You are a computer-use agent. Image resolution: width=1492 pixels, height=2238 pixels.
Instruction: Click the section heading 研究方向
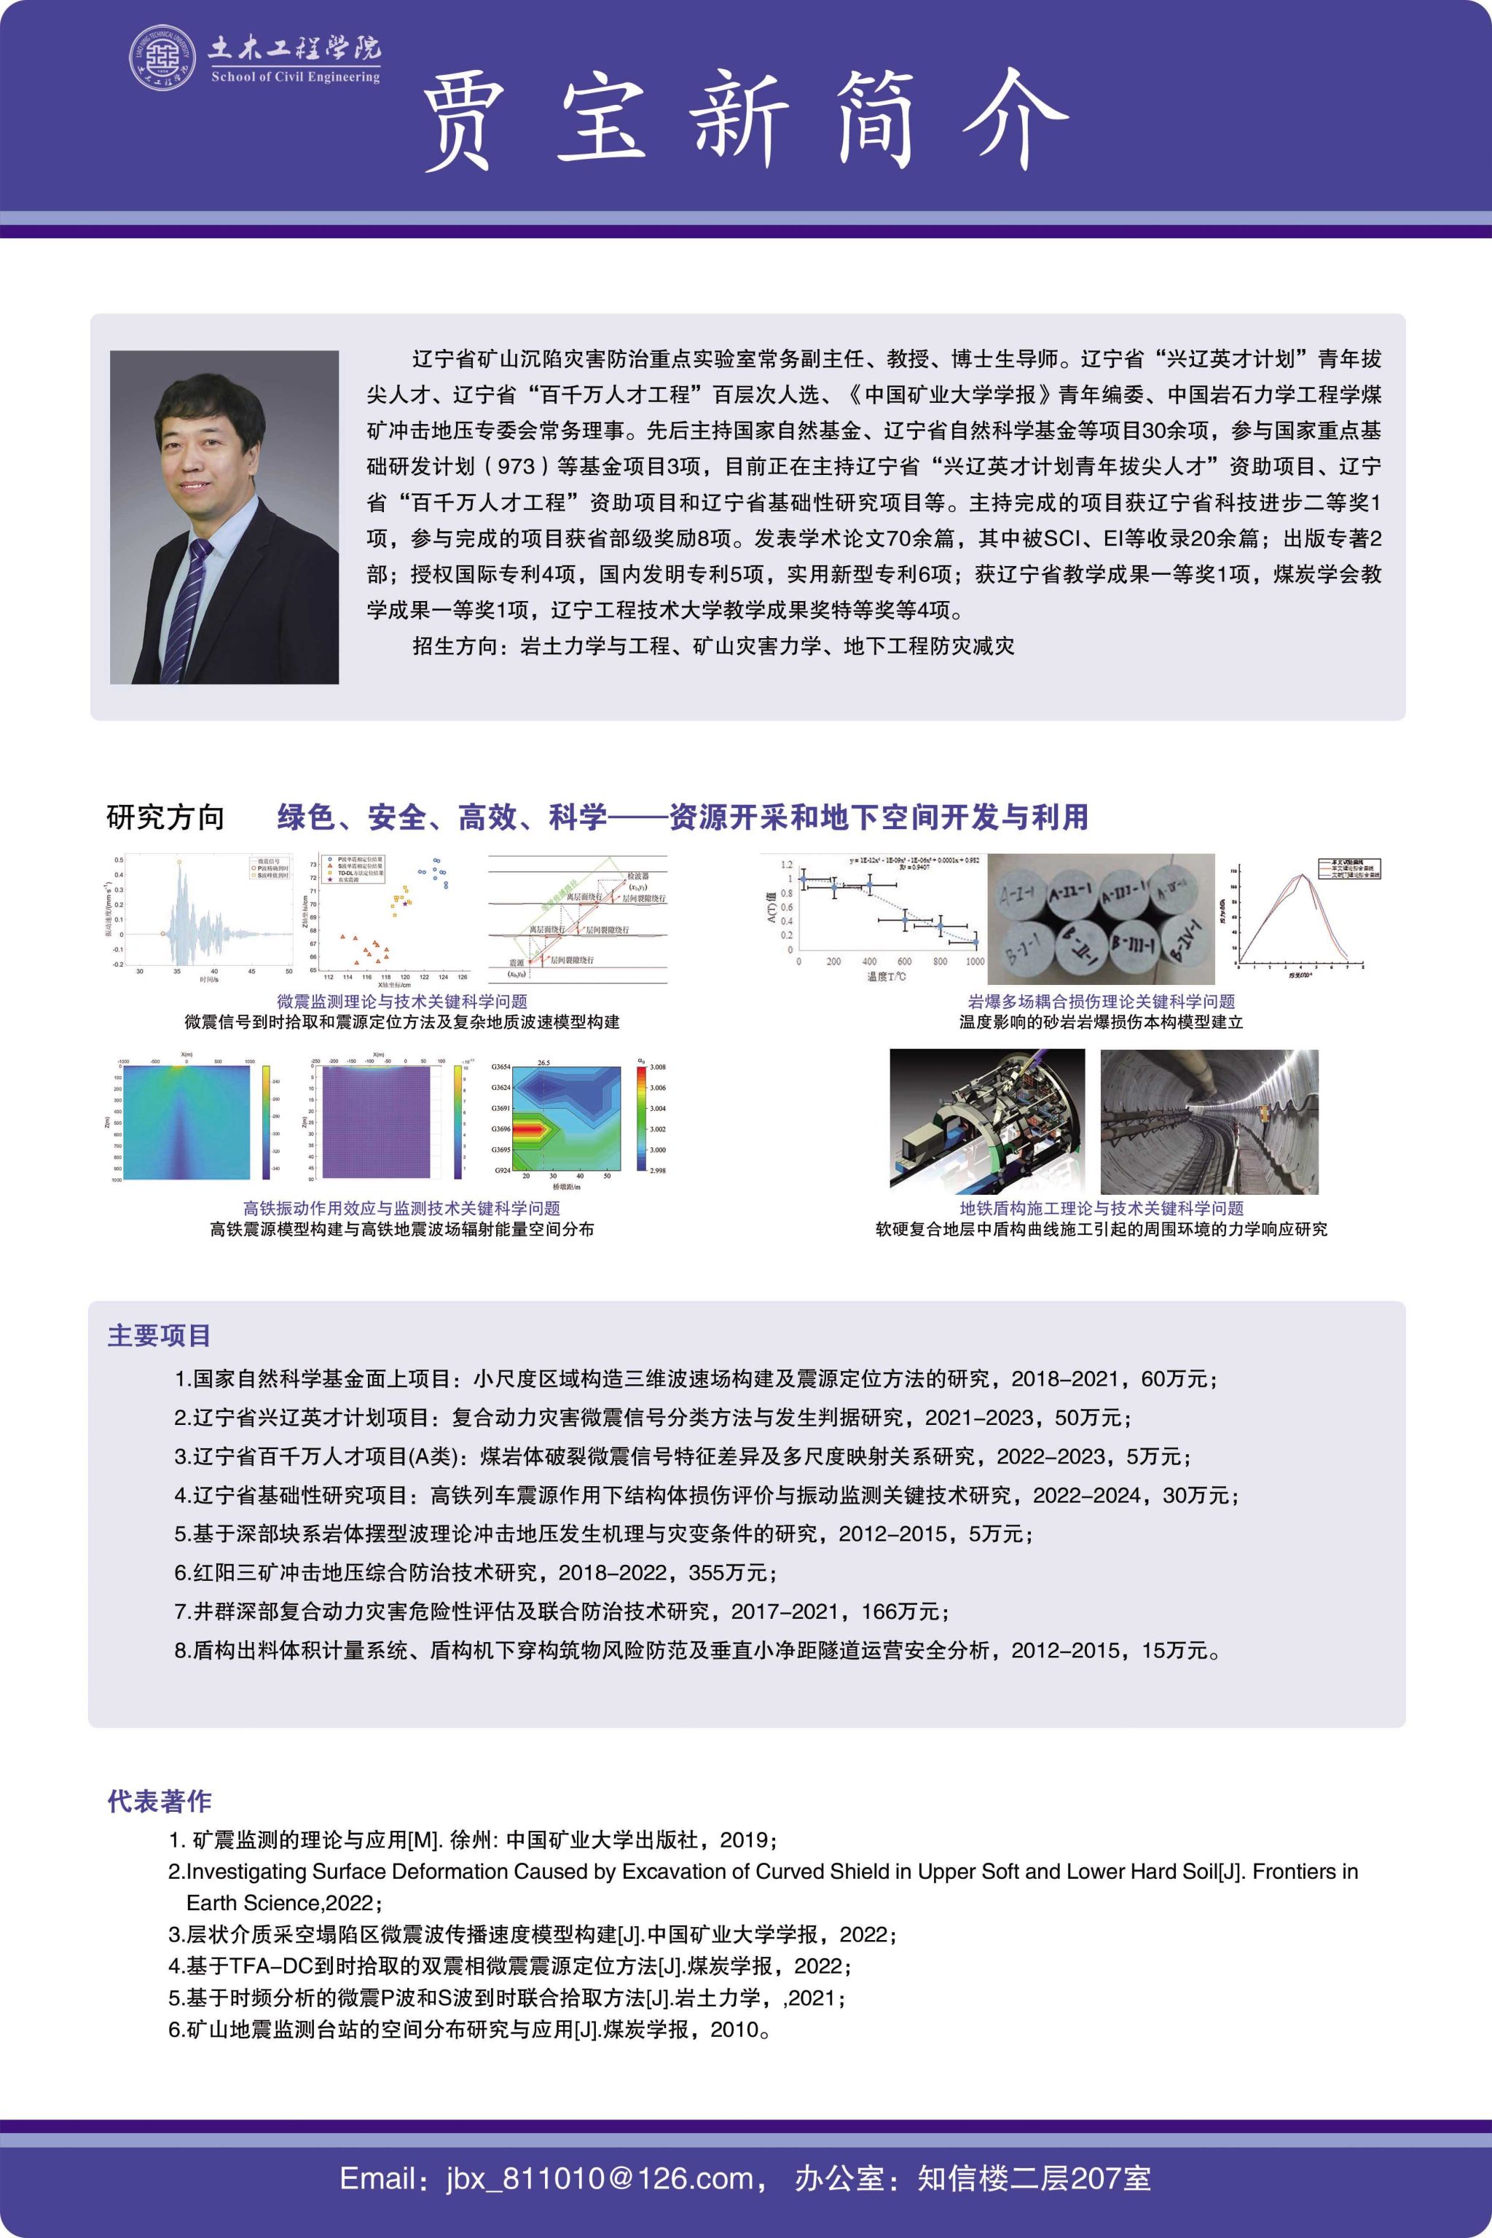coord(165,817)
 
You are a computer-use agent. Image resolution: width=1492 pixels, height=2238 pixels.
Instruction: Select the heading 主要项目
coord(159,1336)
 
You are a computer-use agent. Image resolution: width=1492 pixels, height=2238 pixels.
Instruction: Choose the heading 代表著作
coord(159,1800)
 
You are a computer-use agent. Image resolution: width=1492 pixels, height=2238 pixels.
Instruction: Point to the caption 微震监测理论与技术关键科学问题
coord(401,1001)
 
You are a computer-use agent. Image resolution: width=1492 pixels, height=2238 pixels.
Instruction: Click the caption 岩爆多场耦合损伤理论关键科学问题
coord(1101,1001)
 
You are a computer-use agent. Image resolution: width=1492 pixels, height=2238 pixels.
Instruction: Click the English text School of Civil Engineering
coord(295,77)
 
